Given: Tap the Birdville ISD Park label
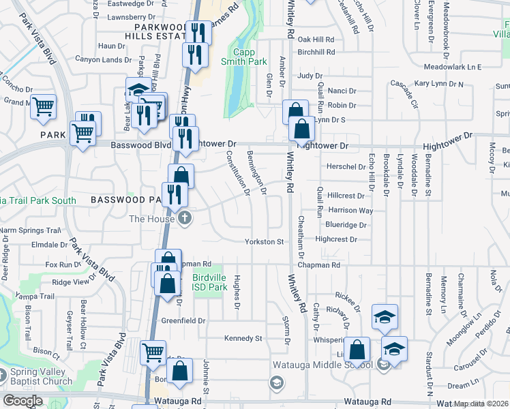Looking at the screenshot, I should [x=209, y=282].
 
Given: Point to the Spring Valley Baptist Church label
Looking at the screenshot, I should [x=40, y=377].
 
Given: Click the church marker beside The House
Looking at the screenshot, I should [x=185, y=219].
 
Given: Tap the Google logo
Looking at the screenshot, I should [x=22, y=401].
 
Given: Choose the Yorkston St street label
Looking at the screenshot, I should [x=265, y=241].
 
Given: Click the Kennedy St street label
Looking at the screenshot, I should [x=243, y=338].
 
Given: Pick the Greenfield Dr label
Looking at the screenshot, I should [x=183, y=320].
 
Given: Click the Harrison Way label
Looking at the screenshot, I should [x=350, y=211].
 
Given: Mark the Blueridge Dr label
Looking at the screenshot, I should [x=346, y=224].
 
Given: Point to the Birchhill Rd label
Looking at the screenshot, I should [x=316, y=52].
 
